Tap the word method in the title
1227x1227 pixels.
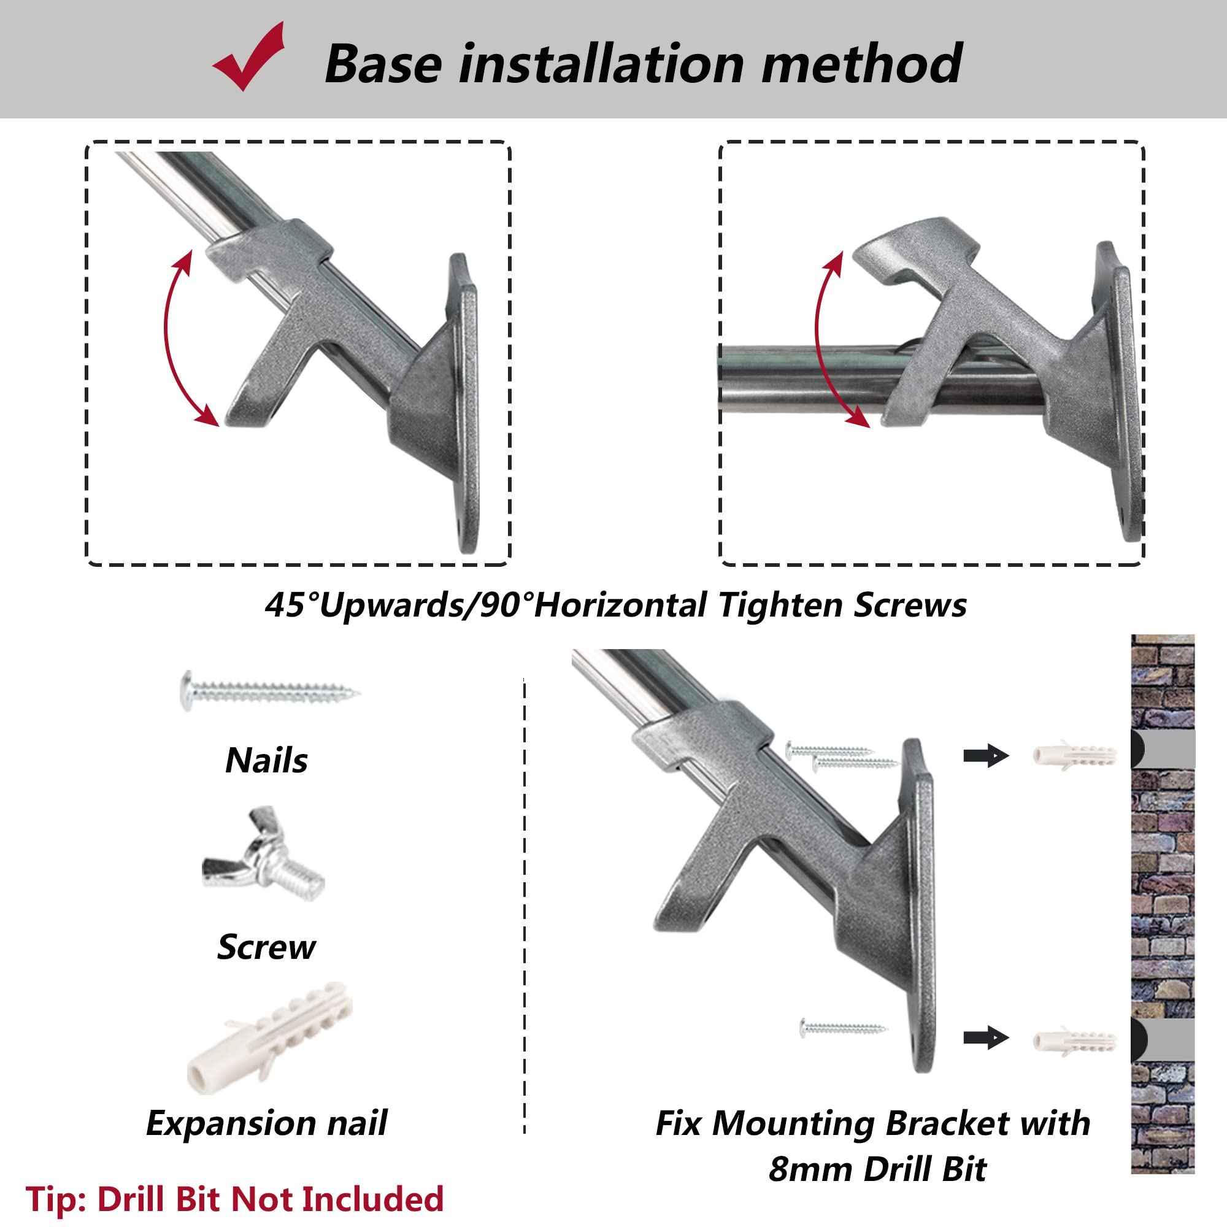coord(861,64)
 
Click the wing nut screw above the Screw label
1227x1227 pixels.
coord(263,853)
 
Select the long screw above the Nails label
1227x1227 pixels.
coord(269,691)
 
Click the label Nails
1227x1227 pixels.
coord(266,761)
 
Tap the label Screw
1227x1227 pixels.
coord(266,947)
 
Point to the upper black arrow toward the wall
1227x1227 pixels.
coord(986,755)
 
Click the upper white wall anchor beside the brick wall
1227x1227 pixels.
coord(1075,755)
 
